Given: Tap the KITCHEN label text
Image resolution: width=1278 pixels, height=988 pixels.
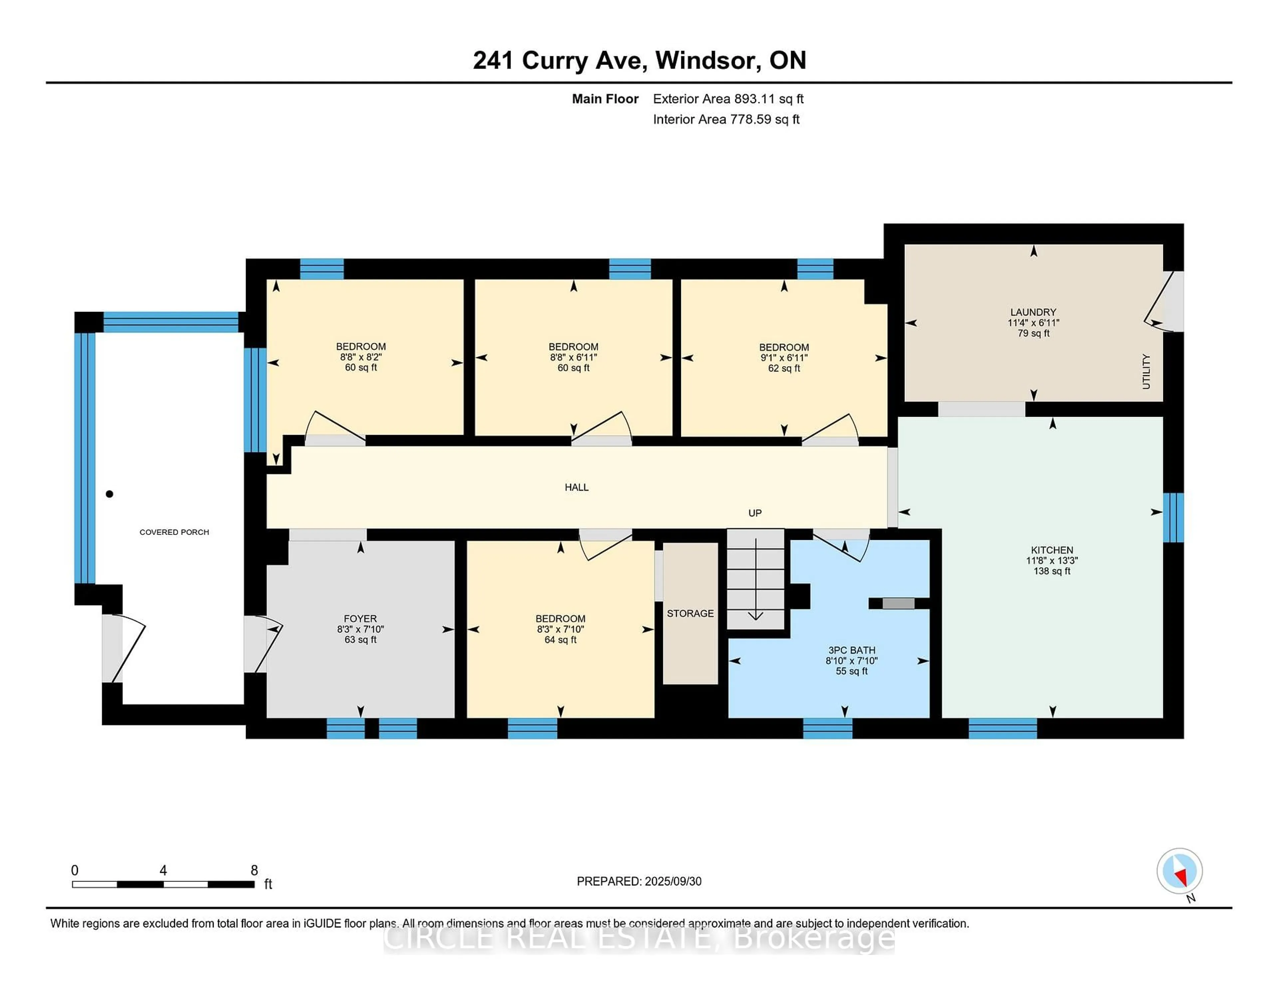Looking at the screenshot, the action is click(x=1052, y=550).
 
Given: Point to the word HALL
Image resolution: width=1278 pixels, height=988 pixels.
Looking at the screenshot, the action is click(x=576, y=487).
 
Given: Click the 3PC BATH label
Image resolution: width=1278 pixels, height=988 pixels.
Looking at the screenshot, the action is click(x=851, y=650).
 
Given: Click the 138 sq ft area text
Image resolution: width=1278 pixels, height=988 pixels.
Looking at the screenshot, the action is click(x=1052, y=571).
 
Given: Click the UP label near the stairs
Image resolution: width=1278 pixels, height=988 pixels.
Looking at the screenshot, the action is click(x=755, y=513).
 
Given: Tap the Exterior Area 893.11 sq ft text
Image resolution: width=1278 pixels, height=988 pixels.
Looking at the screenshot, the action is click(x=728, y=99).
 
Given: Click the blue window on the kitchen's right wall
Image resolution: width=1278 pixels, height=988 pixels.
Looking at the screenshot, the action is click(x=1173, y=517).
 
